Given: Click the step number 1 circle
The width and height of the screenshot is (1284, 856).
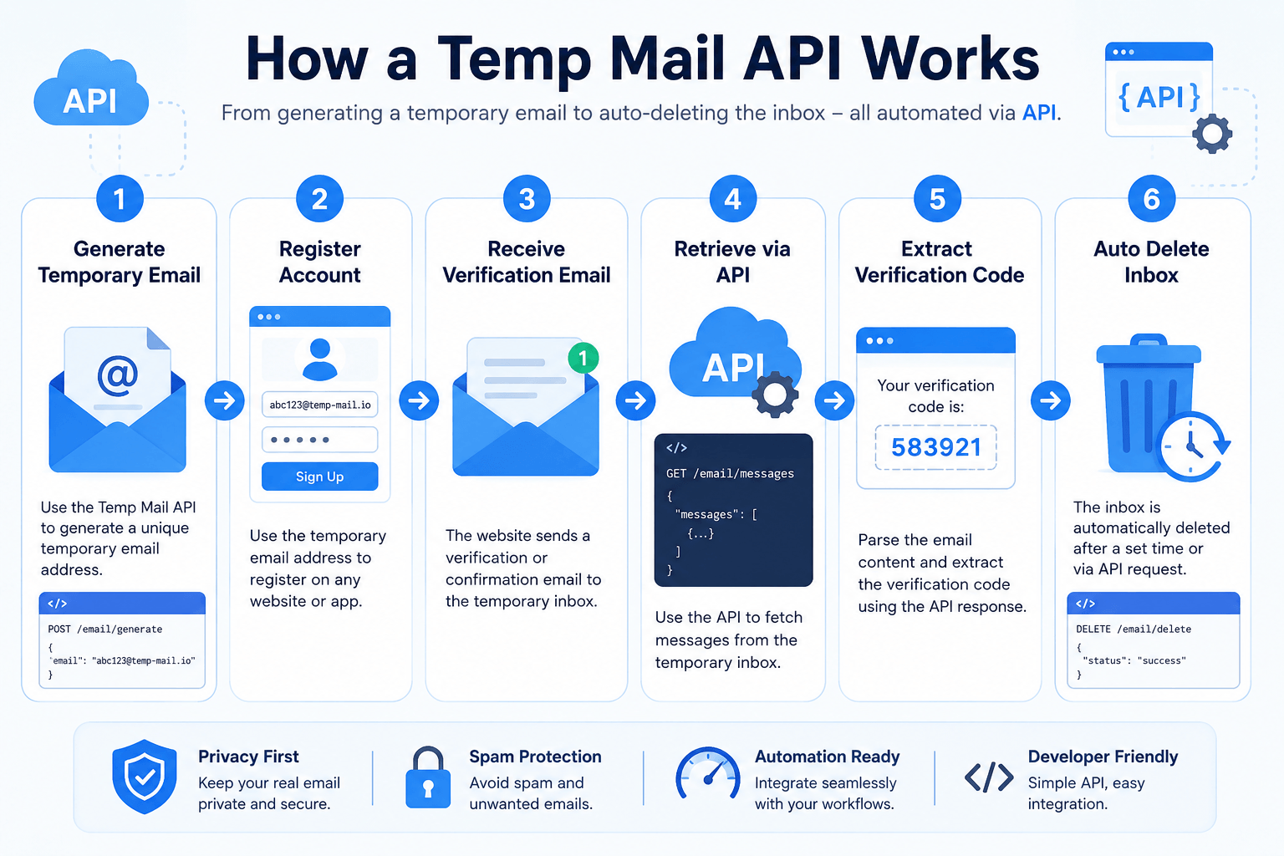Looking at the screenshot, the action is (120, 198).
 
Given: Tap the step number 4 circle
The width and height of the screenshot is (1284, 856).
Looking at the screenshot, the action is (732, 198).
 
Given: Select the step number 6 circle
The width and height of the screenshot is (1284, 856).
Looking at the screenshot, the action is (1151, 198).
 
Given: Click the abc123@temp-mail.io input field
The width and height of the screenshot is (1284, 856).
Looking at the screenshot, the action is (320, 405).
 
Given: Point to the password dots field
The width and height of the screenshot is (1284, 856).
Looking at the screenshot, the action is (320, 440).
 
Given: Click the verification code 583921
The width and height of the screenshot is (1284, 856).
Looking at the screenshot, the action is (936, 447).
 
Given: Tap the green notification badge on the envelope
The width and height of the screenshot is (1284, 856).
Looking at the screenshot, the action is (583, 359).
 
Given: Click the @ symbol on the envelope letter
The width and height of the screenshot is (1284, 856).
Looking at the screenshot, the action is (118, 375).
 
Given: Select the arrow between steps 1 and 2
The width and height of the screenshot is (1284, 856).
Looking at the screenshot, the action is (225, 400).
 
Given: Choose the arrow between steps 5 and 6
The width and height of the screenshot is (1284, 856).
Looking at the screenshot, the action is (1050, 400).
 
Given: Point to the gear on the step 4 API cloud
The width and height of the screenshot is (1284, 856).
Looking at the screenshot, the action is (775, 394).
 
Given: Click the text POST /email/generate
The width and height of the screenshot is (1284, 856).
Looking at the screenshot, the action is (104, 629).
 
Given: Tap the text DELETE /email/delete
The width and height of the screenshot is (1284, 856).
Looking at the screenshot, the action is (1134, 629).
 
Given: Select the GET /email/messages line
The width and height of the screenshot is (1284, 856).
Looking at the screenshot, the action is (730, 474).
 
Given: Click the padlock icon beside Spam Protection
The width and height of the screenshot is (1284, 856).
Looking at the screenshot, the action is (428, 777).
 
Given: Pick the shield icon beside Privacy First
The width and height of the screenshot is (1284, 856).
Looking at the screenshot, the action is (145, 777).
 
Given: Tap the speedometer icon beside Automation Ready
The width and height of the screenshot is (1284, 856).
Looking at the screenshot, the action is (708, 773).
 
